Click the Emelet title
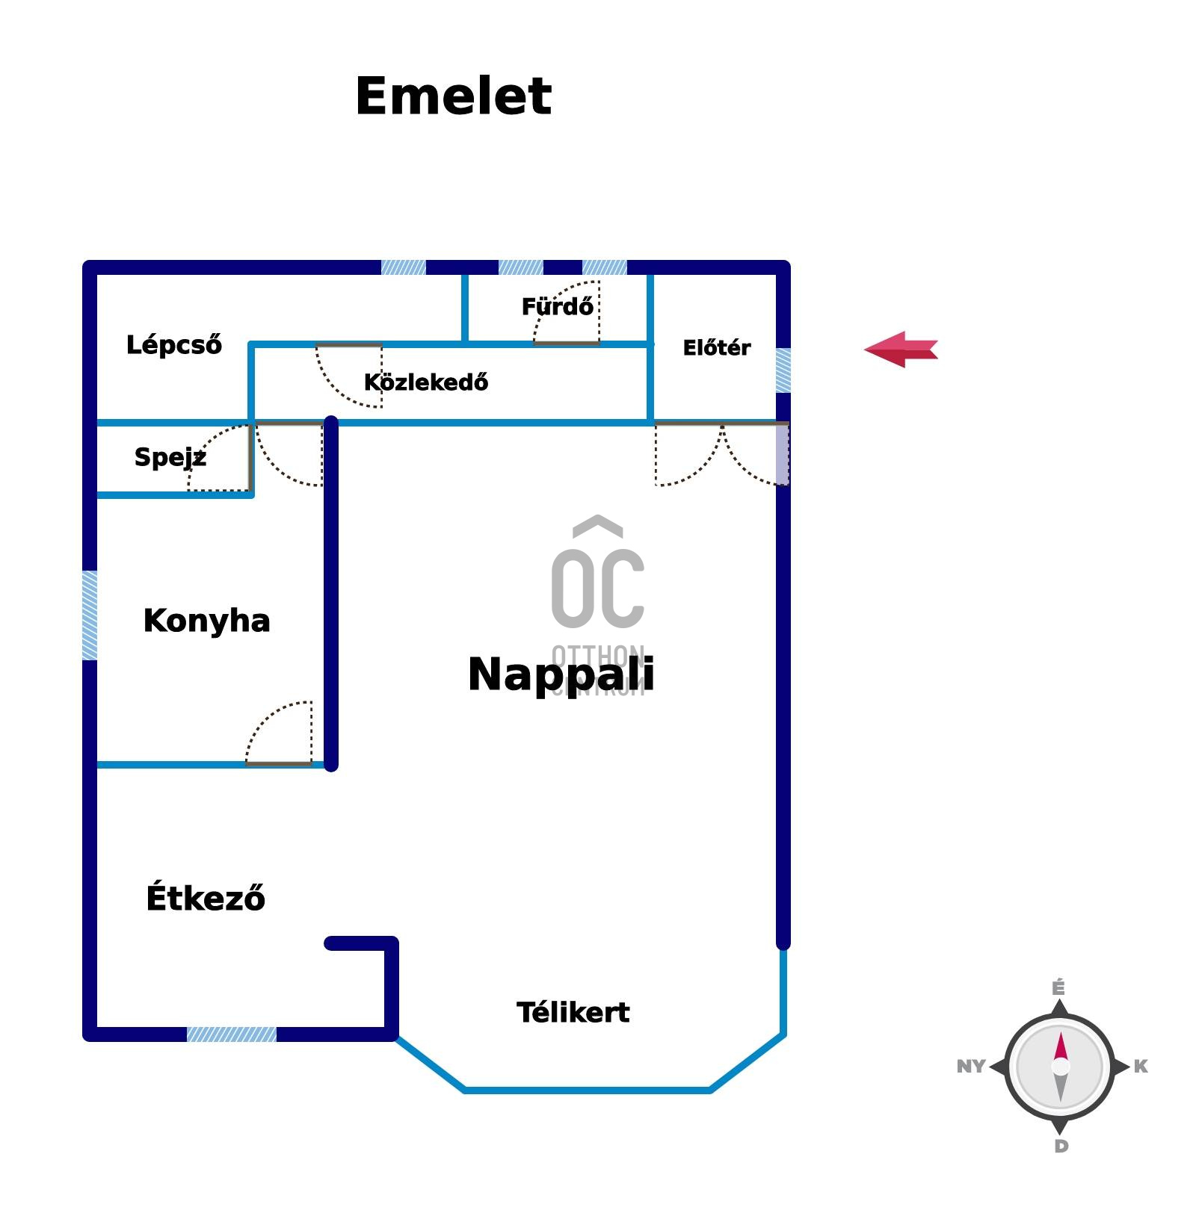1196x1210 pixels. (453, 96)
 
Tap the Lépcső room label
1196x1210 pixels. (174, 345)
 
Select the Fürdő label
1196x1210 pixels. (557, 306)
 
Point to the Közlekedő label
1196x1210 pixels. (426, 382)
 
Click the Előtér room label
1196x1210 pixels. (716, 348)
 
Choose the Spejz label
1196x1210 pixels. (170, 457)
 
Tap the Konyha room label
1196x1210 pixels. (206, 621)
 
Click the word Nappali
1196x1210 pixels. (561, 674)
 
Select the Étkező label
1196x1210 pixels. (206, 898)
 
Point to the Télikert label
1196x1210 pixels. (573, 1013)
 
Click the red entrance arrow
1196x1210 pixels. (900, 350)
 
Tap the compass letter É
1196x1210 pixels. (1058, 988)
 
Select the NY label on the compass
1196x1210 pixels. (970, 1067)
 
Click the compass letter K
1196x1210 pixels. (1141, 1067)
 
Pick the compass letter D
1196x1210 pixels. (1061, 1146)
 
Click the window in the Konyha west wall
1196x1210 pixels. (90, 615)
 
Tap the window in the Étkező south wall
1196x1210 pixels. (231, 1034)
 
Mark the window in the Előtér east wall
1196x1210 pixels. (783, 370)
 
